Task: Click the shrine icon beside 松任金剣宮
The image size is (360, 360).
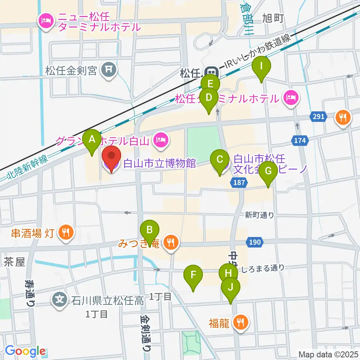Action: (x=108, y=69)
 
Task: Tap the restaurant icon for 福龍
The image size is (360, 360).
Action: (x=239, y=322)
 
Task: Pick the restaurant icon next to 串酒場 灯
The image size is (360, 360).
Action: (x=66, y=232)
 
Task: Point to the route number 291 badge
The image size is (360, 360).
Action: (x=318, y=117)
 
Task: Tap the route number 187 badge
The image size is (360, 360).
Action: (x=239, y=182)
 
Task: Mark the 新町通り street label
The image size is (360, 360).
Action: (x=259, y=215)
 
